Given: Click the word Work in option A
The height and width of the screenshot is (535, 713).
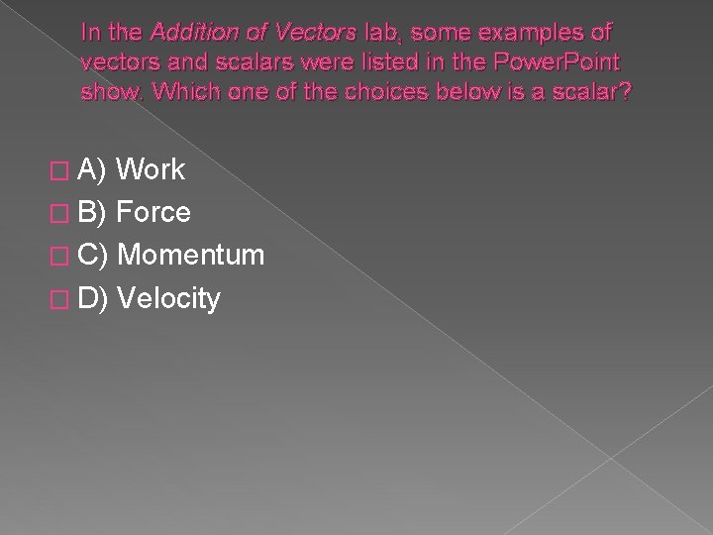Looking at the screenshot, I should tap(151, 169).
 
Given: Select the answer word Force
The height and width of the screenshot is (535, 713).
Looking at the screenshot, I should tap(153, 212).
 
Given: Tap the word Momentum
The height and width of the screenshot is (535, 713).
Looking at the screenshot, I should tap(190, 256).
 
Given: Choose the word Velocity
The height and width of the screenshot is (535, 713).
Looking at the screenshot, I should tap(168, 298).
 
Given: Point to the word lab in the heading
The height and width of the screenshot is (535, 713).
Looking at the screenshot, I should tap(378, 33).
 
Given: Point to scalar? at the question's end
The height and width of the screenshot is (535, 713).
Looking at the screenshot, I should tap(593, 92).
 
